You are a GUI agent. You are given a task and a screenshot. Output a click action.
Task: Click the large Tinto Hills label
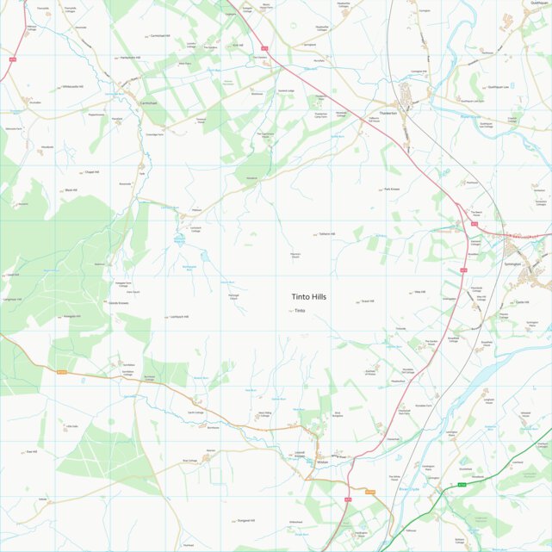tap(308, 296)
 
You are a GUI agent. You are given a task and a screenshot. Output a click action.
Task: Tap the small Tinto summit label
tap(300, 311)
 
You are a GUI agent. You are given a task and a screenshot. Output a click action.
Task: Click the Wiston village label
tap(323, 462)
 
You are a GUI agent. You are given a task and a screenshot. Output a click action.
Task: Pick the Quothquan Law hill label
tap(500, 86)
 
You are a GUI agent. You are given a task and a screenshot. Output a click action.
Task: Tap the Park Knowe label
tap(393, 189)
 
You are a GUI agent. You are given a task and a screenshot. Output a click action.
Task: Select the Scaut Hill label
tap(368, 301)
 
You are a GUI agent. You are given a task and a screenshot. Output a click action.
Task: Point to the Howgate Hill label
tap(71, 317)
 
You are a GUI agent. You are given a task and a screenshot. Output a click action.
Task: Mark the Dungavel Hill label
tap(245, 521)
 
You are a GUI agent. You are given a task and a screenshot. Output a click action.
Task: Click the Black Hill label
tap(71, 190)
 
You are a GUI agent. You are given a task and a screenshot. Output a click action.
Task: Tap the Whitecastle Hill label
tap(71, 87)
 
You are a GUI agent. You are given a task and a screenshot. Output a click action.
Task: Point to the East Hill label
tap(31, 451)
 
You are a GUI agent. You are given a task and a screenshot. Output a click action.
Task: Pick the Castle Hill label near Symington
tap(522, 302)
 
